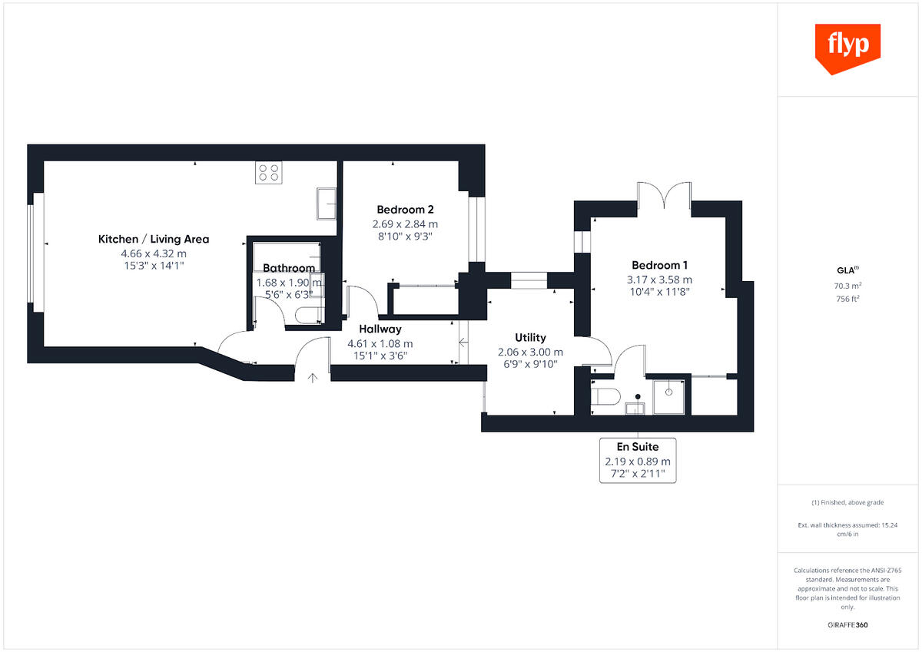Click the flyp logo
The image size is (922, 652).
847,48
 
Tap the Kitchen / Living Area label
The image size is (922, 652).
154,240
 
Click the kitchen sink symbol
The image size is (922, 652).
326,202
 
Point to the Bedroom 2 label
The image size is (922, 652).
405,210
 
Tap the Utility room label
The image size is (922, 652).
530,337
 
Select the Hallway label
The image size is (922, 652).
380,329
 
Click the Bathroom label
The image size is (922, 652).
289,268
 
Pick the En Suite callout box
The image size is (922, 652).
638,461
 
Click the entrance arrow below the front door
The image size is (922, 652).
313,377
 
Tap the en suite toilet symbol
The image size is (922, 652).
606,396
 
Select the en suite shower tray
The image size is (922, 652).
671,396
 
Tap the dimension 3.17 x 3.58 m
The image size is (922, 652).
659,280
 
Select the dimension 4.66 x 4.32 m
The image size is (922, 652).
154,253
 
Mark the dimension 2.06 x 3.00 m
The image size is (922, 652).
530,352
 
